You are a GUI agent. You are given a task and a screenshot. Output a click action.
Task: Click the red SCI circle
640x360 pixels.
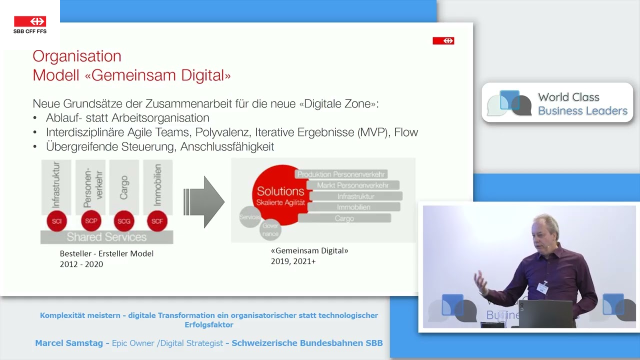tap(56, 221)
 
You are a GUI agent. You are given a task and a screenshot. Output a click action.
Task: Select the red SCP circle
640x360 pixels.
tap(90, 221)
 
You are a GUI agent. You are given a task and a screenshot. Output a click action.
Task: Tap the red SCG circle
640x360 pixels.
tap(124, 221)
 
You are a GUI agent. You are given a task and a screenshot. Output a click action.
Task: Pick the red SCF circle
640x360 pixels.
tap(157, 221)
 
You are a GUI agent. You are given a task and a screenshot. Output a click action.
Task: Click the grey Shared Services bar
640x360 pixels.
tap(106, 237)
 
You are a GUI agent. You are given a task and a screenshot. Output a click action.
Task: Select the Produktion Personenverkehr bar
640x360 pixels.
tap(341, 174)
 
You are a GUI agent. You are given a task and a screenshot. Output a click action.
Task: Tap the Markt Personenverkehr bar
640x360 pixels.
tap(352, 185)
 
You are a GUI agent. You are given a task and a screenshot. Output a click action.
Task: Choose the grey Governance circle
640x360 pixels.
tap(270, 229)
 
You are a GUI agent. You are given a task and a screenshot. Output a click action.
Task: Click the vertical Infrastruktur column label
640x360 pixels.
tap(56, 185)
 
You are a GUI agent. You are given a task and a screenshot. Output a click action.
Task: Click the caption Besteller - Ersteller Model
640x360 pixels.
tap(106, 253)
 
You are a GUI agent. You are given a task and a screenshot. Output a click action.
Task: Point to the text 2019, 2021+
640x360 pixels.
tap(293, 261)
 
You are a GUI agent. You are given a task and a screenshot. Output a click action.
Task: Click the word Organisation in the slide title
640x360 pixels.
tap(77, 56)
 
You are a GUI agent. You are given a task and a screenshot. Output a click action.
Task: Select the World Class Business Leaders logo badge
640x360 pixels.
tap(557, 103)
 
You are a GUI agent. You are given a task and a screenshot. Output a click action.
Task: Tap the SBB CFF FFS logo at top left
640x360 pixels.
tap(30, 24)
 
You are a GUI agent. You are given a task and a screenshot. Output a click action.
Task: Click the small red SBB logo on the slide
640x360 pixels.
tap(443, 41)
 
